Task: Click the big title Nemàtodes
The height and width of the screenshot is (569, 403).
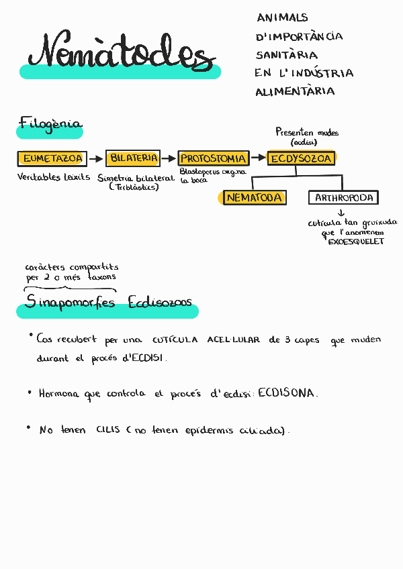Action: [121, 52]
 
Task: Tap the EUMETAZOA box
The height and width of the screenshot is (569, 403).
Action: [52, 158]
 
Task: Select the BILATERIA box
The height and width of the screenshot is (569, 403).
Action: [134, 158]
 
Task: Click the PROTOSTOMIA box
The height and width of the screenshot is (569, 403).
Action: [214, 158]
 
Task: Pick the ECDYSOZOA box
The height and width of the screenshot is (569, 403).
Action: [301, 158]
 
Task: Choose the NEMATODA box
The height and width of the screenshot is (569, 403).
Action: [254, 197]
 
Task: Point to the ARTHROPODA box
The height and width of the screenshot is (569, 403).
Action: [343, 197]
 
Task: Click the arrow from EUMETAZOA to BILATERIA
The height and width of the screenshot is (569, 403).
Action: [95, 159]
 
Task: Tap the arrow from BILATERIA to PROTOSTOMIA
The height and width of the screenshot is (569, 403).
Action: [169, 159]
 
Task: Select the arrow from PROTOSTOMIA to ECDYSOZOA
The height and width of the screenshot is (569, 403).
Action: [258, 159]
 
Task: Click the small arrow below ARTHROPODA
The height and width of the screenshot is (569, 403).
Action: [341, 213]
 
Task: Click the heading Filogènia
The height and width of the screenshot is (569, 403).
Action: [50, 123]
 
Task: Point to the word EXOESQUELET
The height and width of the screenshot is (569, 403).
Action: [355, 242]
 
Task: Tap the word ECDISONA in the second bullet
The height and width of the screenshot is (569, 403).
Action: [286, 393]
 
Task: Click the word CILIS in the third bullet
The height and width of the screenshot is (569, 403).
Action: [108, 430]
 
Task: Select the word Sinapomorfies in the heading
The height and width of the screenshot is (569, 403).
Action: [70, 303]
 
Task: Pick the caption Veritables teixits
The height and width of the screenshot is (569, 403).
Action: [54, 177]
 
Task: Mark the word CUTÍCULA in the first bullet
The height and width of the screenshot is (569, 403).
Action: [175, 340]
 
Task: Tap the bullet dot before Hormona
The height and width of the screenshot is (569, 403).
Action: [30, 393]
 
